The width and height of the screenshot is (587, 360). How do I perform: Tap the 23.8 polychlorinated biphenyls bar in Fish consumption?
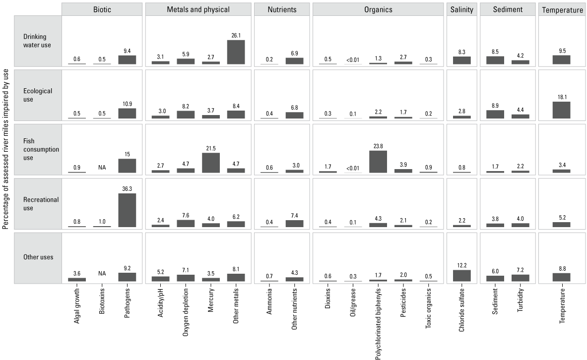[x=379, y=162]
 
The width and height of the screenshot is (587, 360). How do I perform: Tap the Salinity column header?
[x=461, y=9]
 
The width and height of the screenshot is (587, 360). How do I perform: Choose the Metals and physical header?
[x=197, y=9]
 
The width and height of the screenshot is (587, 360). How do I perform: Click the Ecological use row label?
[x=37, y=95]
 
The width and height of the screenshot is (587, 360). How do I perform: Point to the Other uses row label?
[x=38, y=257]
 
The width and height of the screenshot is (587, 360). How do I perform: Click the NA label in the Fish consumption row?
[x=102, y=168]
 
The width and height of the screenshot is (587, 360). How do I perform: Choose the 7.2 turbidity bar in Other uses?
[x=520, y=278]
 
